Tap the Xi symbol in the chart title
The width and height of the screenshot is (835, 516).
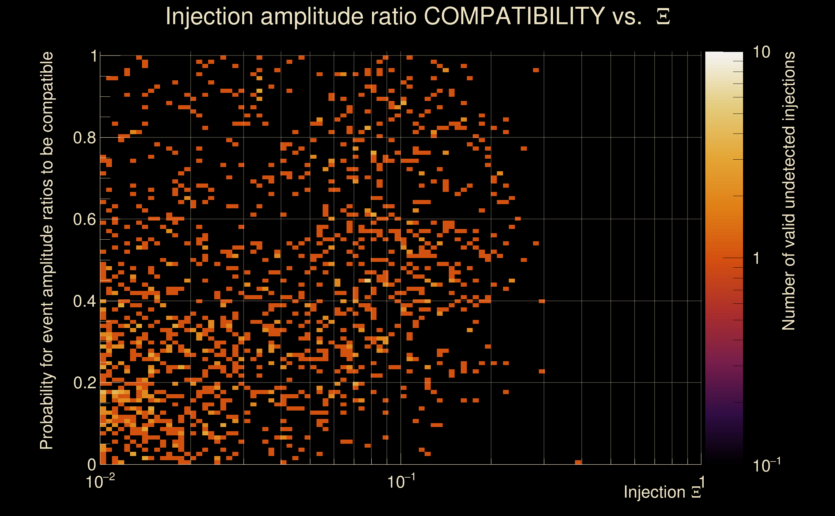[x=663, y=16]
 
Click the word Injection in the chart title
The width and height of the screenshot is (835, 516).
[x=209, y=16]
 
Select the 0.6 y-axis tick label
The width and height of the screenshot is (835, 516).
[x=84, y=219]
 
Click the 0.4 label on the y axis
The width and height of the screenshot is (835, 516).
[x=84, y=301]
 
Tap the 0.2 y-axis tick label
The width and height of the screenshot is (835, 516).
[x=84, y=382]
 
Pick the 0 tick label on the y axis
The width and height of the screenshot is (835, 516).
[x=92, y=464]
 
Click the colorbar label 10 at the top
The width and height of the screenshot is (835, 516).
[x=761, y=52]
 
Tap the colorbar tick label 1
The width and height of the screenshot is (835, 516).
[x=757, y=258]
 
